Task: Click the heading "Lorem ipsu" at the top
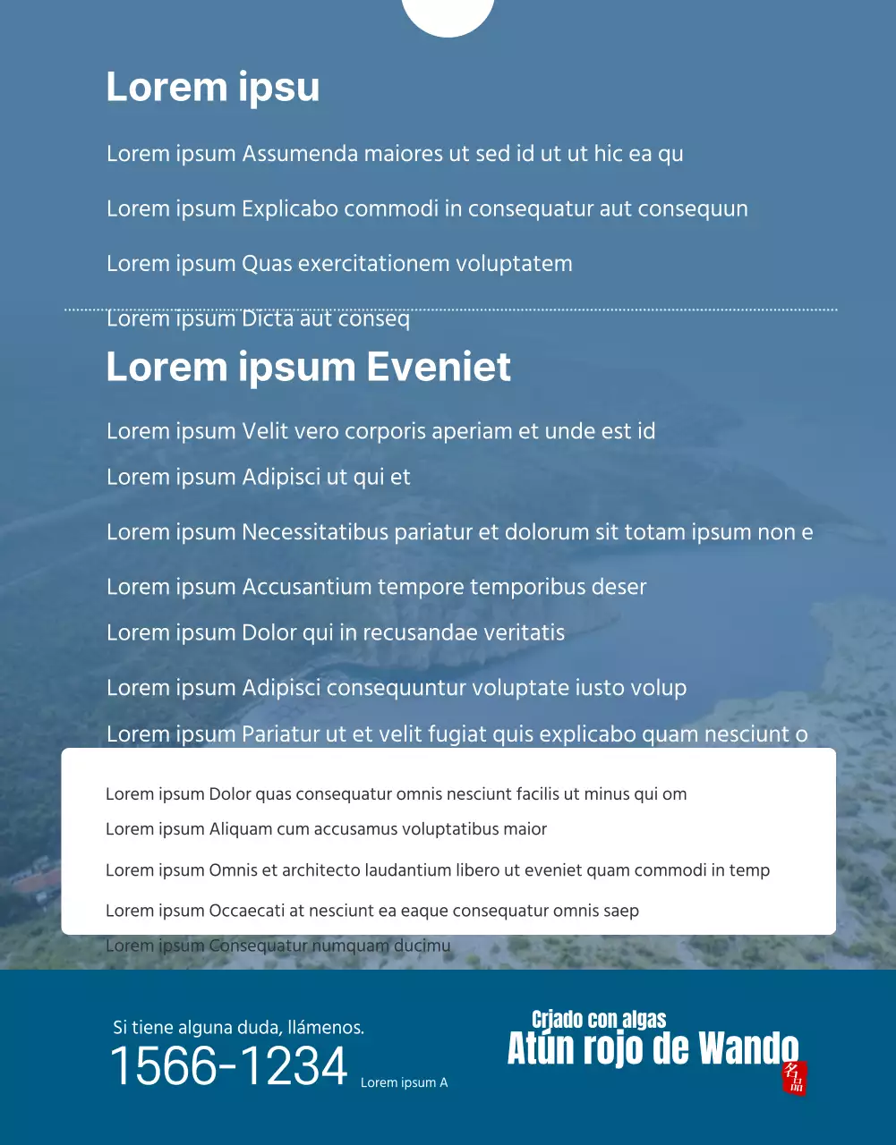pyautogui.click(x=212, y=88)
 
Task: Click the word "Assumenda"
pyautogui.click(x=300, y=154)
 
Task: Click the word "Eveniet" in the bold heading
pyautogui.click(x=439, y=368)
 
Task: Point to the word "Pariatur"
pyautogui.click(x=281, y=735)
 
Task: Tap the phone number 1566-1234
pyautogui.click(x=228, y=1066)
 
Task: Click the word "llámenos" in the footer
pyautogui.click(x=323, y=1028)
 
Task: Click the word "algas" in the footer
pyautogui.click(x=644, y=1020)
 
